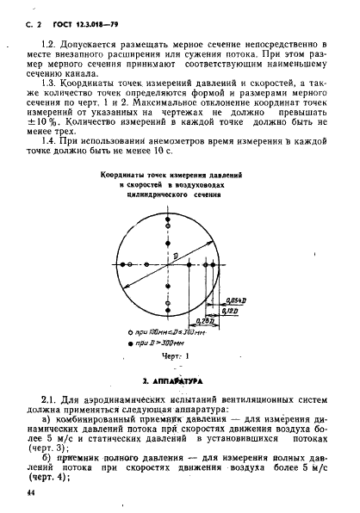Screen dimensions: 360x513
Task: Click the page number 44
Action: pos(20,492)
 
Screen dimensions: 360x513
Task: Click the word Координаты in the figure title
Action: pos(127,173)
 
